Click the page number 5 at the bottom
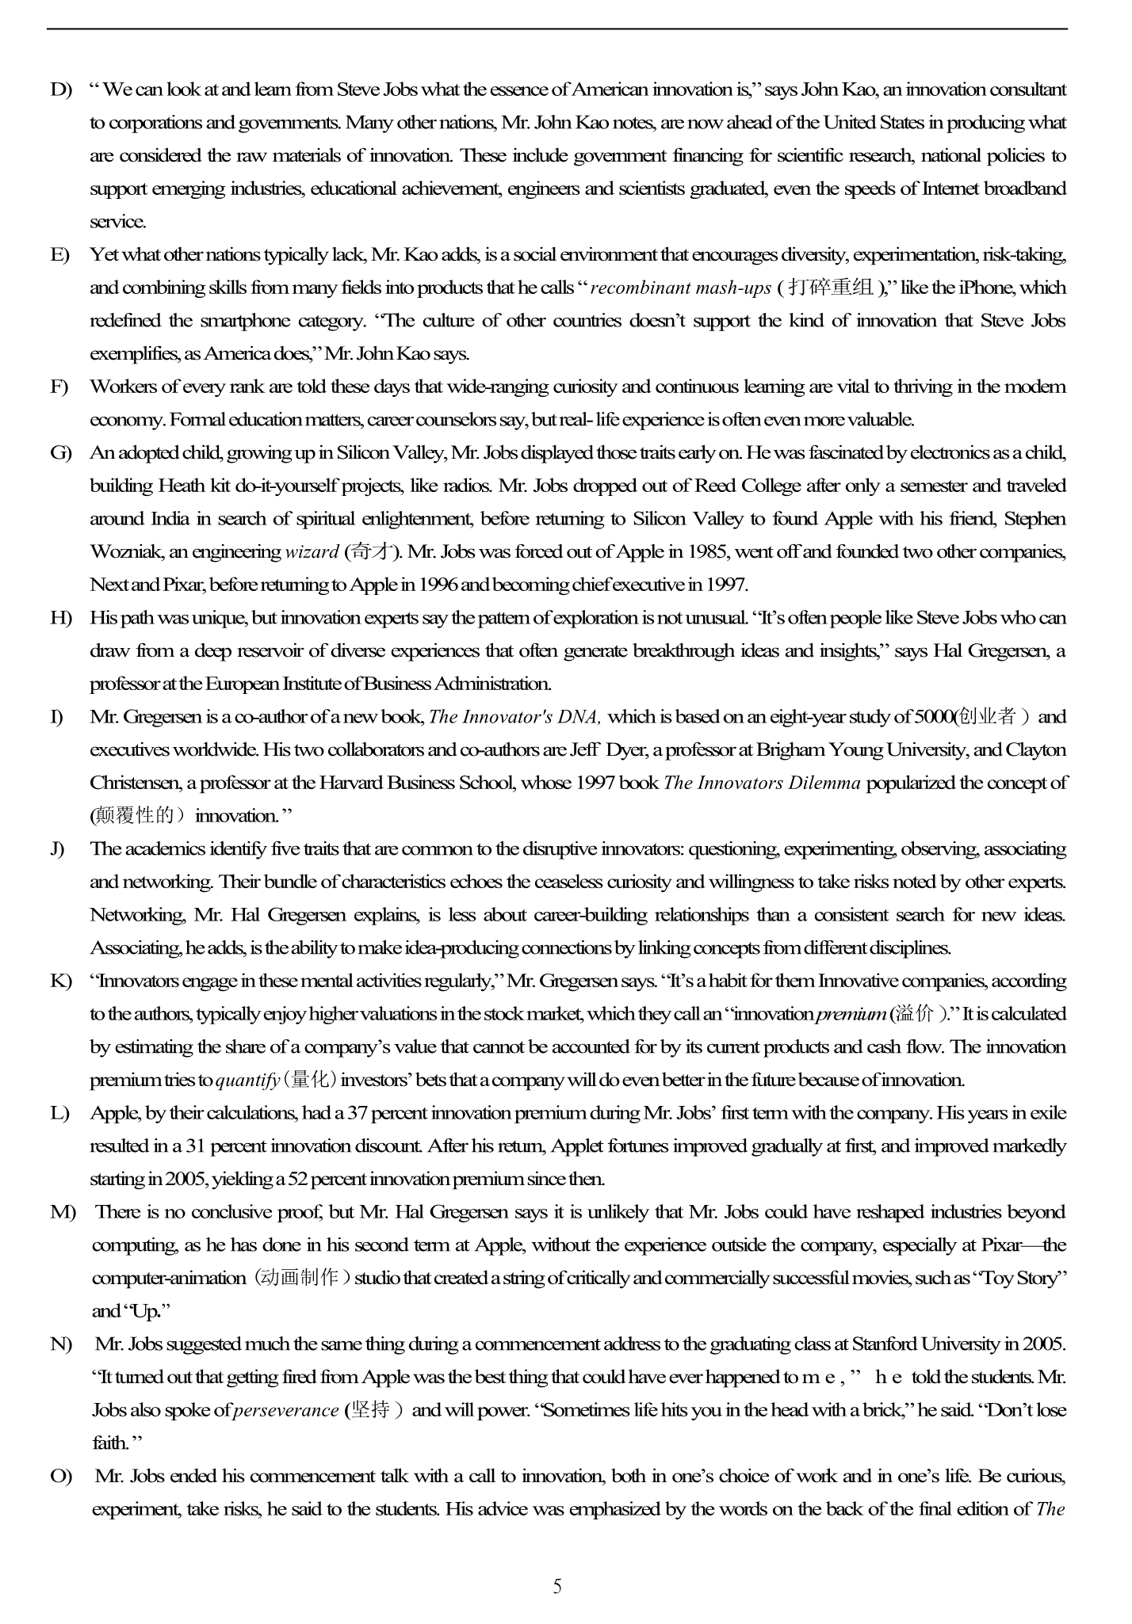pos(557,1586)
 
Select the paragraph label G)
pos(61,453)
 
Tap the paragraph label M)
pos(63,1212)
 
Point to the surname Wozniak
pos(126,552)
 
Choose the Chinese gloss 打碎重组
pos(832,288)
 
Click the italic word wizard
pos(312,552)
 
